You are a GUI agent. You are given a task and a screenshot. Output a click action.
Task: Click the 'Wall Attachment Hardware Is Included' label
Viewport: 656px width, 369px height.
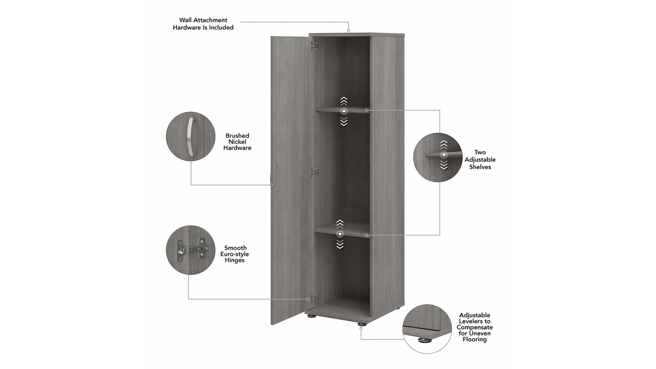(203, 24)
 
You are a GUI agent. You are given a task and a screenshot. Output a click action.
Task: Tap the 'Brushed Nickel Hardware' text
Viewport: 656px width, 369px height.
(237, 142)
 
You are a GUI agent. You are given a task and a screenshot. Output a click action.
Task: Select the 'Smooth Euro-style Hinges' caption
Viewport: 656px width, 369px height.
(235, 254)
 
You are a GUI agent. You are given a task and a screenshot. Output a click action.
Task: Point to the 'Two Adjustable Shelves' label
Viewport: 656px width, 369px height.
(480, 159)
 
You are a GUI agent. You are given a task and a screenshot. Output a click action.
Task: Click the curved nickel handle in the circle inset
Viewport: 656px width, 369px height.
(190, 136)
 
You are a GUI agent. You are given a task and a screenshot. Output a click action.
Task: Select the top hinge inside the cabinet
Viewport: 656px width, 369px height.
(315, 46)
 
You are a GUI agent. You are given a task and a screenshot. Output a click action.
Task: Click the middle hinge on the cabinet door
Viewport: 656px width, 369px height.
(315, 172)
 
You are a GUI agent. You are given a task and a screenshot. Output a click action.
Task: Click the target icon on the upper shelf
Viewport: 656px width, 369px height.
(344, 111)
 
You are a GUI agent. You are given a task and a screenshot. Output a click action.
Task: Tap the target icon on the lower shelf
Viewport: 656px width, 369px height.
(340, 234)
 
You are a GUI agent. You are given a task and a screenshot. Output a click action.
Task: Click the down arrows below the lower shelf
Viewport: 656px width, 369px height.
(340, 244)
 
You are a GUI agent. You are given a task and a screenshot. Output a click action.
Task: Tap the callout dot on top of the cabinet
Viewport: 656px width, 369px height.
(348, 31)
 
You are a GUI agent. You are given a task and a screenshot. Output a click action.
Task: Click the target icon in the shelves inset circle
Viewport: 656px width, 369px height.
(444, 155)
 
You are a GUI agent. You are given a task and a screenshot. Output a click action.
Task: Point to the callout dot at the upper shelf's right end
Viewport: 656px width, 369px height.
(366, 110)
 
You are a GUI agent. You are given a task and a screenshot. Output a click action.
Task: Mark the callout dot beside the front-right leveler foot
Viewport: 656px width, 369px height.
(361, 329)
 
